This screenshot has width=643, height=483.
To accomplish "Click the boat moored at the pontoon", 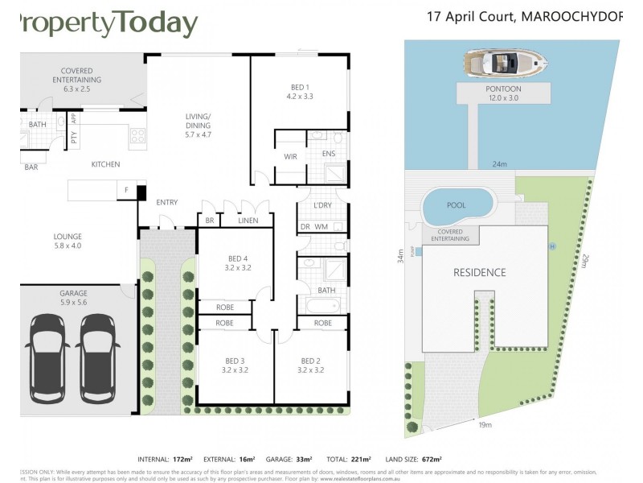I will click(502, 62).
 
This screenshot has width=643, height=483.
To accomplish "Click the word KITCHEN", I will click(105, 164).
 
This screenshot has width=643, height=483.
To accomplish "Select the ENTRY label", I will click(167, 202).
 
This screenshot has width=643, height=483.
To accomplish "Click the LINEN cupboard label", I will click(248, 221).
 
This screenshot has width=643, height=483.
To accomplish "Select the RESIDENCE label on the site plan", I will click(480, 272).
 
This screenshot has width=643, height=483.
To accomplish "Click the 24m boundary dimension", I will click(500, 164).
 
